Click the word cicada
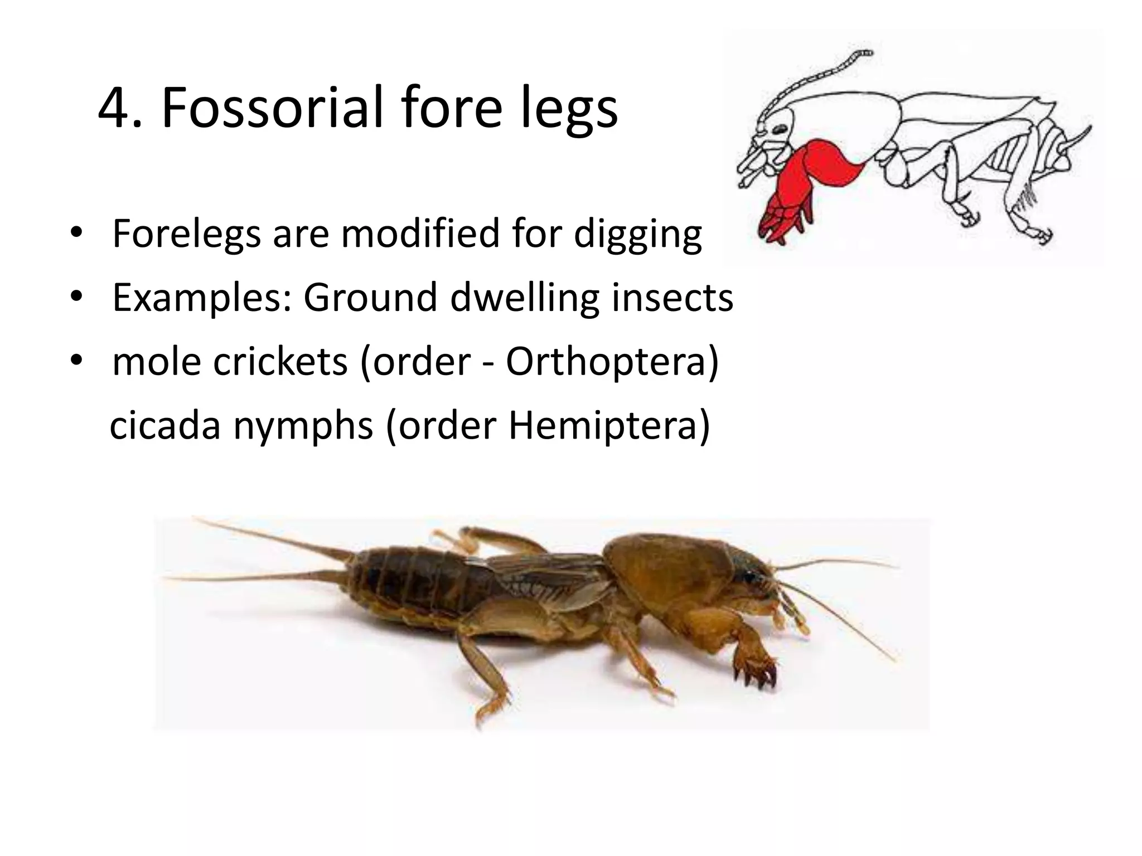pos(165,426)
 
